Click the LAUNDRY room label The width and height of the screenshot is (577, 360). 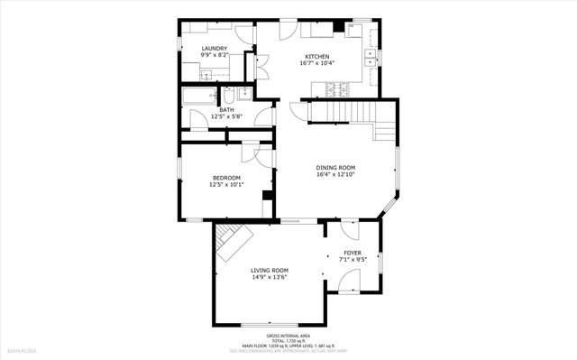click(x=214, y=48)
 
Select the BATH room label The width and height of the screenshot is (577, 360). click(x=225, y=110)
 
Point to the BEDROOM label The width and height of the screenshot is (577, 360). click(x=226, y=177)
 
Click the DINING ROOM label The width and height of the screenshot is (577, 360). click(x=335, y=167)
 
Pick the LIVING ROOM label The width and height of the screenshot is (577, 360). click(x=269, y=270)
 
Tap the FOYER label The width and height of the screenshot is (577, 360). click(x=352, y=253)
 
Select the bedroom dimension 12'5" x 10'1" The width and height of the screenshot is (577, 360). click(x=226, y=184)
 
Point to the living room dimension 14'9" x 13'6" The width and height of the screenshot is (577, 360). click(x=269, y=277)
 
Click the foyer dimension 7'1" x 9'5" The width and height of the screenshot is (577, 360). click(x=352, y=260)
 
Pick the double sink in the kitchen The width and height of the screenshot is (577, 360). click(x=371, y=57)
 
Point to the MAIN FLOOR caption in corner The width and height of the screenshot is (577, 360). click(x=22, y=349)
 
